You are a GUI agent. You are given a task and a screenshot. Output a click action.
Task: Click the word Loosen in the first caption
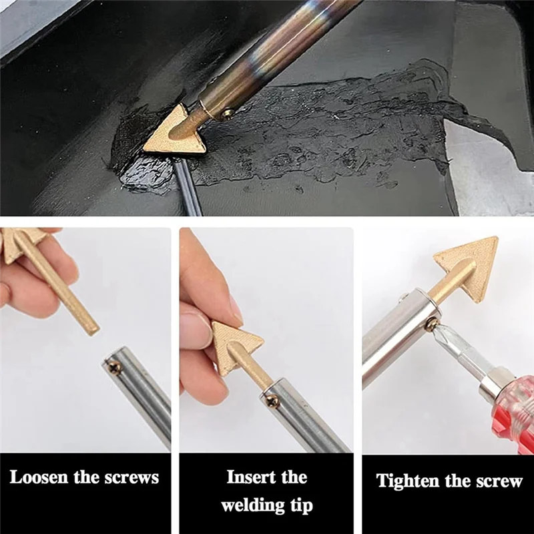39,478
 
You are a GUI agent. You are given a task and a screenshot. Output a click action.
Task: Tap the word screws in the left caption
131,478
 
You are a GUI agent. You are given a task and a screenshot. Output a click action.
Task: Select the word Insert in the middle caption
250,478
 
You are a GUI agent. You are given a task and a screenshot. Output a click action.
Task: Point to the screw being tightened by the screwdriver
432,323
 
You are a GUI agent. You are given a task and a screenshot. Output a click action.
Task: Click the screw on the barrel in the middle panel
271,401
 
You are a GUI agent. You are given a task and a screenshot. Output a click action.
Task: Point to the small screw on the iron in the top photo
226,113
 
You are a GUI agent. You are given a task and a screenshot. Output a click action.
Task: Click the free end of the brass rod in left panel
93,328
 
